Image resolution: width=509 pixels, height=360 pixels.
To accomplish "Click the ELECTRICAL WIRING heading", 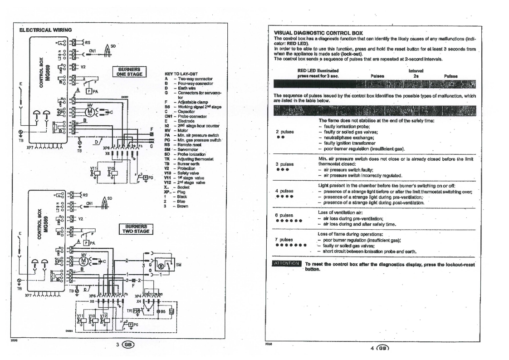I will (45, 30).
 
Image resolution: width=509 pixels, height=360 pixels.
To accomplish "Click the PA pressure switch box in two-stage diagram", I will (86, 243).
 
